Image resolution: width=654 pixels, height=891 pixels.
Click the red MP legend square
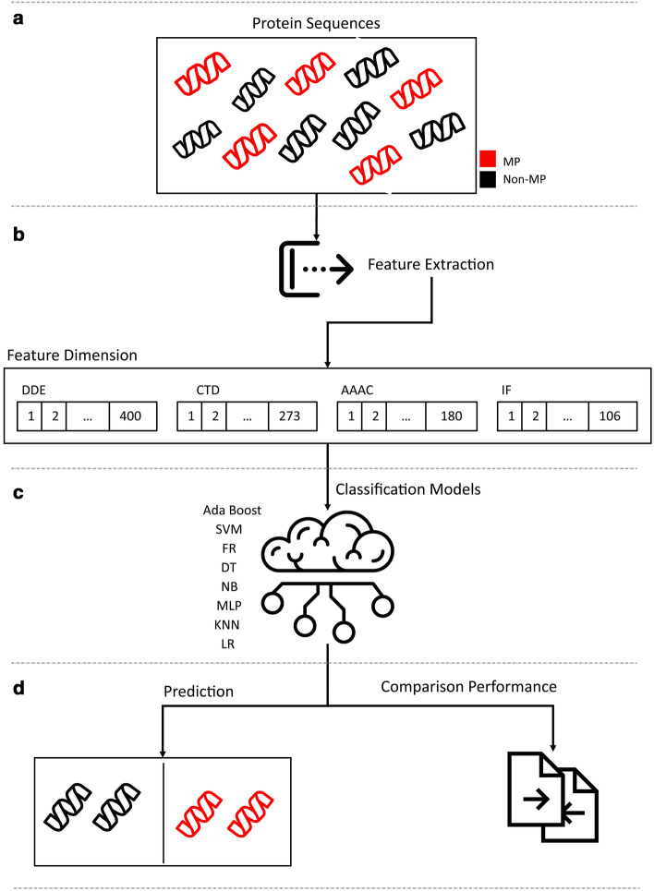tap(491, 158)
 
